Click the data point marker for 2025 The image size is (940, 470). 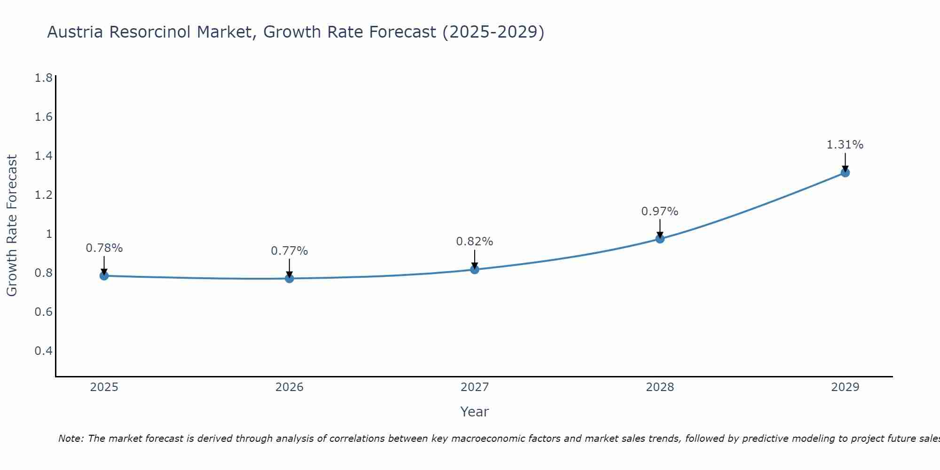click(104, 276)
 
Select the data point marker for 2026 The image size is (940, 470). click(290, 279)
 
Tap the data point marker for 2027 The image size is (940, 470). click(475, 269)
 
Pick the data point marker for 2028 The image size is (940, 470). click(660, 239)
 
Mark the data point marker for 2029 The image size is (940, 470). click(845, 172)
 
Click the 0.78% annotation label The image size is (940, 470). click(104, 248)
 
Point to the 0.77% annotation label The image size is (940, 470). click(290, 251)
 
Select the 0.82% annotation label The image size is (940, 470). click(475, 242)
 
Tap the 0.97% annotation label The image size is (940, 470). click(660, 211)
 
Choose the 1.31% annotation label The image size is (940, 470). click(845, 145)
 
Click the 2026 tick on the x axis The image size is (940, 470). click(290, 387)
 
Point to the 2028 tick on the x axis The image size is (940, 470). click(660, 387)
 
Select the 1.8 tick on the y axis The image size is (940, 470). click(44, 78)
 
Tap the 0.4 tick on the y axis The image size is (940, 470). click(44, 351)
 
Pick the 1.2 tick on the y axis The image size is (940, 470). click(44, 195)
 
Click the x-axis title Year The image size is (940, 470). click(475, 412)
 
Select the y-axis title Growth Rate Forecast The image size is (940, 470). click(12, 226)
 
